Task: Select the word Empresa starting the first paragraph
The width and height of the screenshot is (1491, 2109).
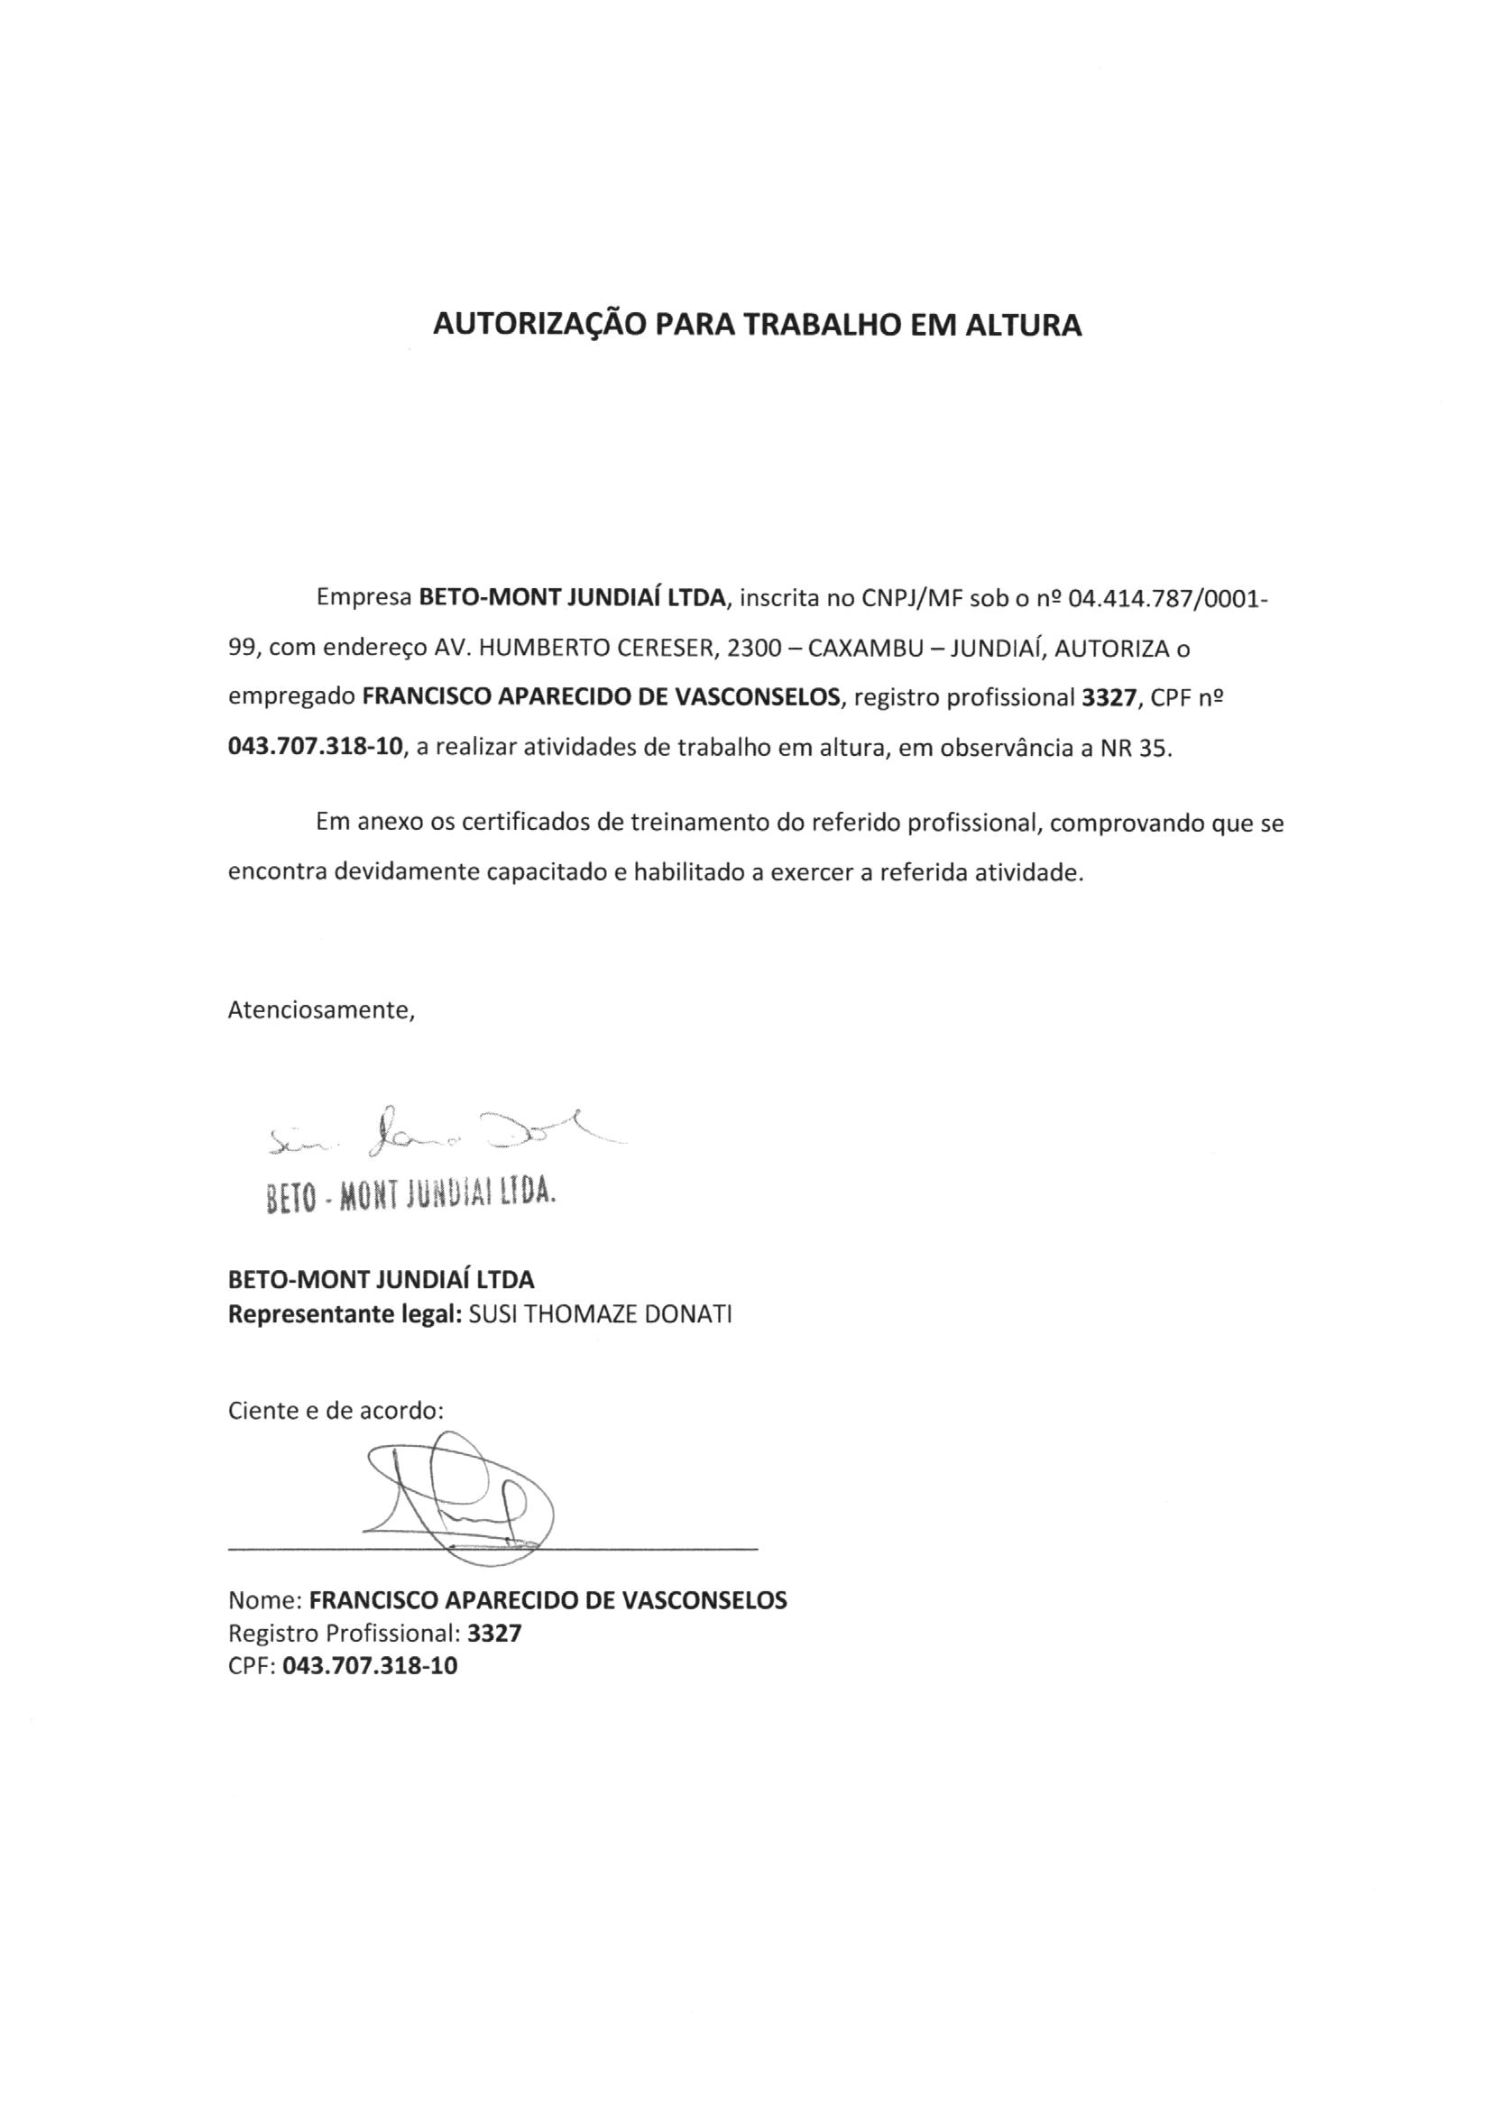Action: point(363,598)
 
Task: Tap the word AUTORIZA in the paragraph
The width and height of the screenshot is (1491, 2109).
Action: point(1110,649)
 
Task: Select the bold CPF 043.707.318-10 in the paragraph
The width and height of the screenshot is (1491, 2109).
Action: point(315,748)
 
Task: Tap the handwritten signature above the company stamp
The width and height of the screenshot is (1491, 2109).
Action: point(441,1141)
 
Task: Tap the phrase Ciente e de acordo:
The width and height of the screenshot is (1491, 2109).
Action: point(336,1411)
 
